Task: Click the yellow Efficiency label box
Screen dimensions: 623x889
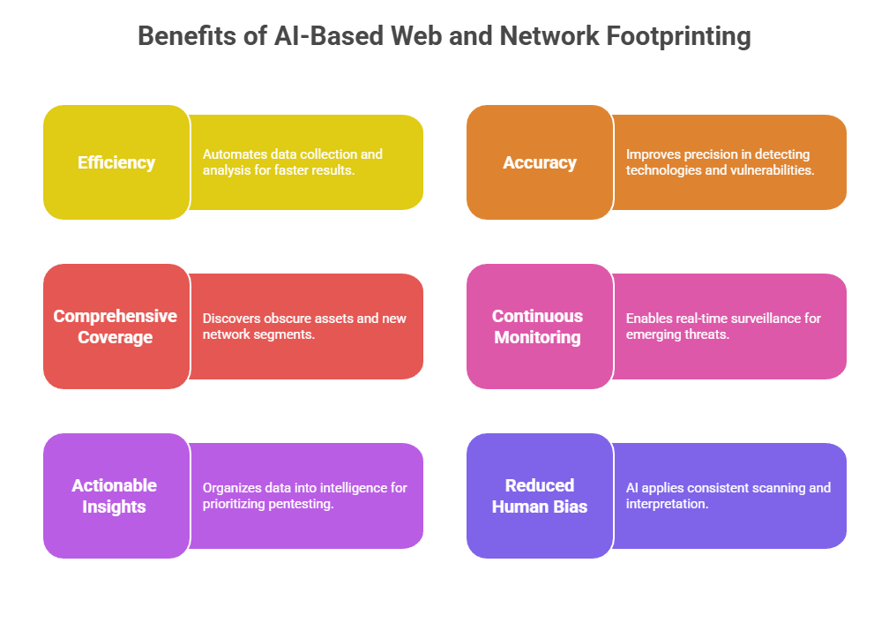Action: coord(116,162)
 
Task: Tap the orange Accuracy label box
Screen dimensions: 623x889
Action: coord(540,162)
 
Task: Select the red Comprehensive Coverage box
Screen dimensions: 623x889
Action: coord(116,327)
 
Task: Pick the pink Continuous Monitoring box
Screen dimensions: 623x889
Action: coord(538,327)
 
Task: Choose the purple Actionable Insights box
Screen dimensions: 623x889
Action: coord(115,496)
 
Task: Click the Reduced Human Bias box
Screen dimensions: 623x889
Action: coord(540,496)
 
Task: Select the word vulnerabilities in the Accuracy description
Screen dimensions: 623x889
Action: coord(774,169)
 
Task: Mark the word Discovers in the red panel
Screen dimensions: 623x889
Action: coord(231,318)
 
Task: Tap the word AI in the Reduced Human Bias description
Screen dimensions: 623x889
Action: coord(633,487)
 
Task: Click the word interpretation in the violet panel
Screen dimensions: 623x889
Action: coord(667,503)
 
